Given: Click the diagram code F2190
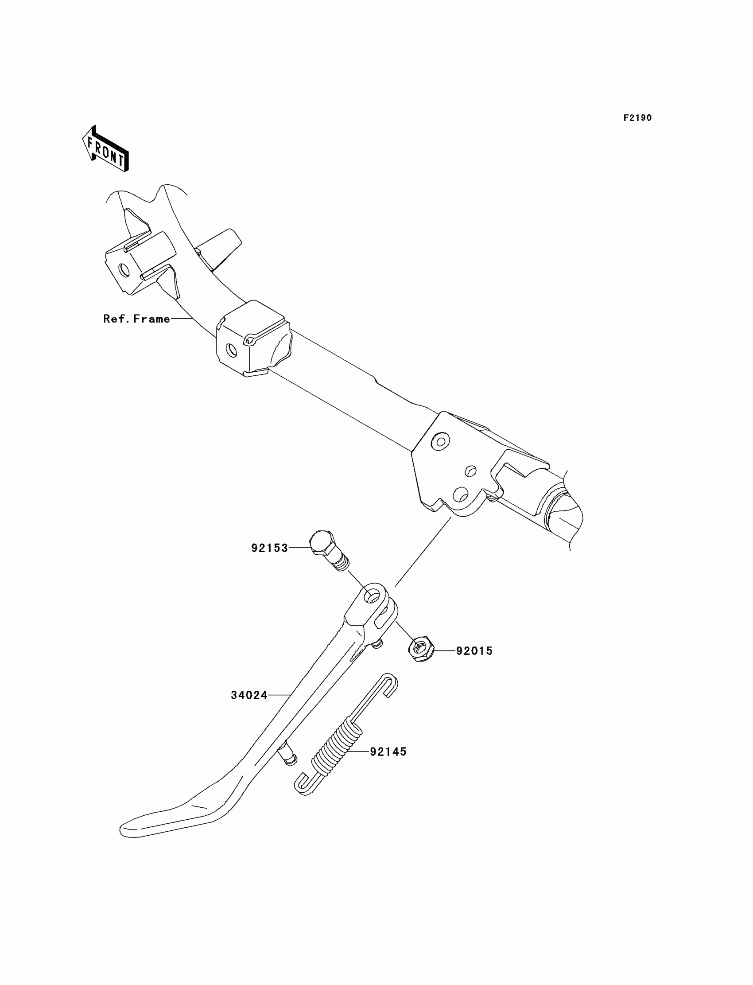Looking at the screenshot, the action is (x=637, y=118).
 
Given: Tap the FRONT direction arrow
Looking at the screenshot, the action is (x=106, y=149).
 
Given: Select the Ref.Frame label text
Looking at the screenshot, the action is (x=137, y=319).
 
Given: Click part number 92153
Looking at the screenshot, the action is (x=269, y=548).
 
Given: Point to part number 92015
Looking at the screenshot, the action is (x=474, y=650).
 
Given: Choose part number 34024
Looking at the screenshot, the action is (x=249, y=695).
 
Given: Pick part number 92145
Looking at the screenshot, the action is (x=388, y=752).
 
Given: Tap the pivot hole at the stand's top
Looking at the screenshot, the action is (x=372, y=596).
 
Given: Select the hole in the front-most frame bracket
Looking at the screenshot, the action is (x=124, y=270).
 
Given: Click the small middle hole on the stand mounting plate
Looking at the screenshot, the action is (x=470, y=471).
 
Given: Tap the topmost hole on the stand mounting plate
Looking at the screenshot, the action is (x=440, y=442).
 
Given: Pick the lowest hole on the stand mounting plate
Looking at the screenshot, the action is (x=460, y=494).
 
